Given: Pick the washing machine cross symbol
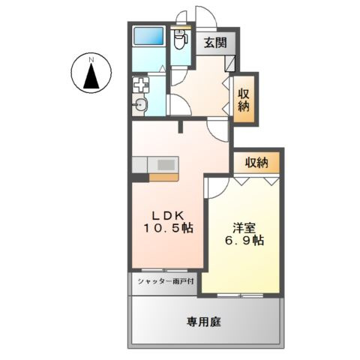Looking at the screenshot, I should (142, 85).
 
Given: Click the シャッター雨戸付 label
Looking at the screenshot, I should (166, 282).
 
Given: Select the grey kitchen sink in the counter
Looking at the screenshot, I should (166, 162).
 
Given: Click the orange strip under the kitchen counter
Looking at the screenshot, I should (163, 178).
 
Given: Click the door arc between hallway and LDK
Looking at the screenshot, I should (216, 130).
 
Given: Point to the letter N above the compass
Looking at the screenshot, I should (90, 58).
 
